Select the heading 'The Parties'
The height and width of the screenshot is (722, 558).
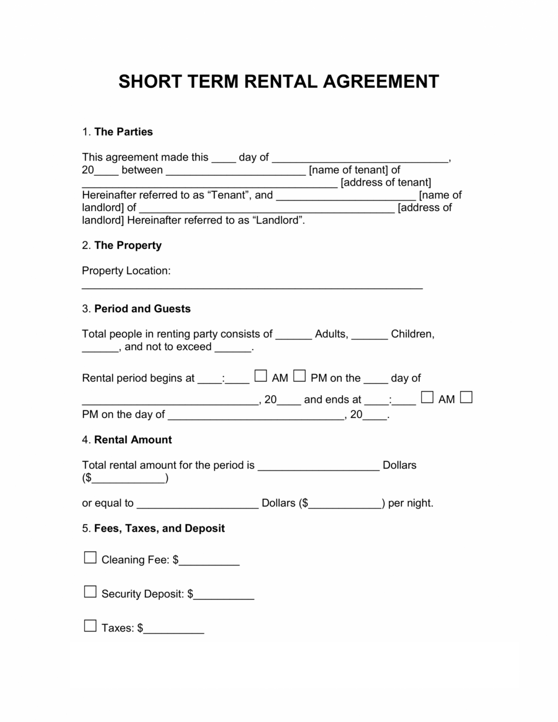click(x=123, y=132)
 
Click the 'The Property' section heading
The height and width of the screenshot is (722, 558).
click(x=127, y=245)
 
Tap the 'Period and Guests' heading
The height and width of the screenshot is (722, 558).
click(x=142, y=309)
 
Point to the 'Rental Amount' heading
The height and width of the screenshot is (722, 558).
click(x=133, y=440)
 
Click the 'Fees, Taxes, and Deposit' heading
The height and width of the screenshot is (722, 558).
click(x=159, y=528)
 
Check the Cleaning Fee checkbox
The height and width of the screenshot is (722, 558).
click(x=90, y=558)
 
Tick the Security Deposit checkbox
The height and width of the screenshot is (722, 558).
click(x=90, y=592)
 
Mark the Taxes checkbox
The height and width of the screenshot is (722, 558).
click(x=90, y=626)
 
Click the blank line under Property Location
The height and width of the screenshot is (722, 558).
click(x=252, y=286)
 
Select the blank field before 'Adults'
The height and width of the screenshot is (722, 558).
click(x=293, y=336)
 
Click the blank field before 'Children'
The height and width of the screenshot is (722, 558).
click(x=369, y=336)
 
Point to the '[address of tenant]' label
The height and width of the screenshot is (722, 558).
click(x=385, y=182)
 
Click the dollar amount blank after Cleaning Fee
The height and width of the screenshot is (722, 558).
click(x=209, y=562)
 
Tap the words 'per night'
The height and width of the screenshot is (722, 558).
click(x=409, y=503)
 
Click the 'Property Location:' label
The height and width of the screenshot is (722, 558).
click(x=126, y=271)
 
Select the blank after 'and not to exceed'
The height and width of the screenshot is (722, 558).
click(x=233, y=349)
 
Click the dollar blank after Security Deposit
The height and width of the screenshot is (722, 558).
click(x=224, y=596)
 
